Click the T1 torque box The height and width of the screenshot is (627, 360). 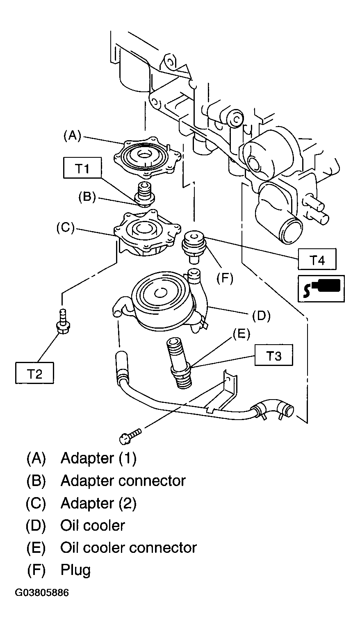pyautogui.click(x=82, y=168)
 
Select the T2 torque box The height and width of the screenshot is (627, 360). pyautogui.click(x=34, y=373)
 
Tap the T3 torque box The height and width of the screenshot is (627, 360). pyautogui.click(x=274, y=355)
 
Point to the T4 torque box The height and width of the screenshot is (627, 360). pyautogui.click(x=317, y=259)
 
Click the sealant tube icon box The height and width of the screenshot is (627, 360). pyautogui.click(x=321, y=289)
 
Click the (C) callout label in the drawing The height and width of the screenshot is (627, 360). pyautogui.click(x=65, y=227)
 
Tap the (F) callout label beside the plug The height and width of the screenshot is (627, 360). pyautogui.click(x=225, y=278)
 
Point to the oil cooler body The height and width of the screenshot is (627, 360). pyautogui.click(x=162, y=302)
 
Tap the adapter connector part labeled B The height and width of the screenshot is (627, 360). pyautogui.click(x=145, y=194)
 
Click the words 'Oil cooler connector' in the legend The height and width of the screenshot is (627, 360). pyautogui.click(x=129, y=548)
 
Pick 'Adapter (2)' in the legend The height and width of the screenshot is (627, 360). pyautogui.click(x=99, y=503)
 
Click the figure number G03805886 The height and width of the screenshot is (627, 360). pyautogui.click(x=42, y=593)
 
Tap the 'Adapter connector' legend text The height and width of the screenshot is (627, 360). pyautogui.click(x=123, y=481)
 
